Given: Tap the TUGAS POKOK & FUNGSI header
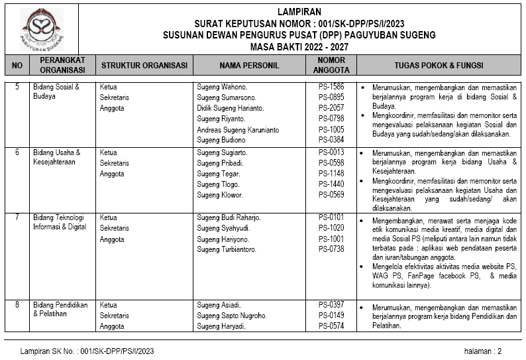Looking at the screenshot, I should coord(438,66).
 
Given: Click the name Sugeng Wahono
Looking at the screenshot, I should coord(222,87).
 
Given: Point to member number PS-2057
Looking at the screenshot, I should coord(331,108).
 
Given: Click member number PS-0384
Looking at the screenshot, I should coord(331,140).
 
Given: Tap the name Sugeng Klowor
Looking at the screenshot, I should coord(220,195).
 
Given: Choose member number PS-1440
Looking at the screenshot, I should coord(331,184).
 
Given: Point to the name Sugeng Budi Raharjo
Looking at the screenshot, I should coord(229,217).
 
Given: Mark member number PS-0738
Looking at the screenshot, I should coord(331,249).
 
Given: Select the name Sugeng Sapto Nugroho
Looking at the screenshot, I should coord(232,316).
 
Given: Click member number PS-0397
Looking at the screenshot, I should coord(331,305).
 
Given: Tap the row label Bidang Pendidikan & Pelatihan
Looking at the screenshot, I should coord(60,310).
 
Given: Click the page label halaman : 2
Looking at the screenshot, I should coord(482,351).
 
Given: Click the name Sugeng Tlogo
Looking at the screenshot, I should coord(218,184).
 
